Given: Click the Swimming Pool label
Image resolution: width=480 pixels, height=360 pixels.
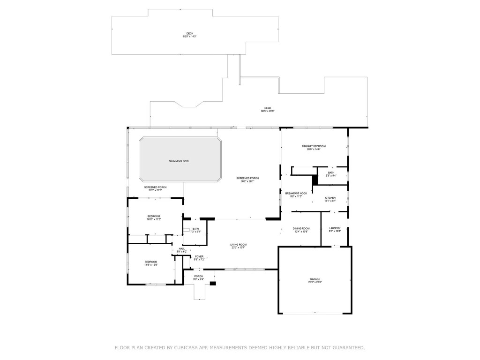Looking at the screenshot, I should (180, 161).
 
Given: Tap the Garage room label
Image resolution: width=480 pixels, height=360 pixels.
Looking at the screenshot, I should (315, 280).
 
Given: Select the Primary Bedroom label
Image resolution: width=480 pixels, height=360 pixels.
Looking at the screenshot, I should (314, 148).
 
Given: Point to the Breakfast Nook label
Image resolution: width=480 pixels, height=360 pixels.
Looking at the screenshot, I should (296, 195).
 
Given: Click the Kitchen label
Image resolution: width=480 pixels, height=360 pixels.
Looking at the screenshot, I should (330, 199).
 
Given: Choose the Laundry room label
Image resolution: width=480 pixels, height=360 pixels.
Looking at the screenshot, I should (335, 230).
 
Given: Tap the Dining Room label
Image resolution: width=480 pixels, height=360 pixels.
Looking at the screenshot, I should (301, 230).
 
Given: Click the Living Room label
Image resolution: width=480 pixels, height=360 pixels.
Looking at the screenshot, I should (238, 246).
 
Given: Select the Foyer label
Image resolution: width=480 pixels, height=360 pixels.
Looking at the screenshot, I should (199, 258).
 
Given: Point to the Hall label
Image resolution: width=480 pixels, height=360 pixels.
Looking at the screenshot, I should (181, 250).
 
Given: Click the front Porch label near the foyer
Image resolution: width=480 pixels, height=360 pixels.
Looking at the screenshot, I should (199, 277).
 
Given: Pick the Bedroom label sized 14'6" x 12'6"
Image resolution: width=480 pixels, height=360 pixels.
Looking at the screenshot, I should (151, 263).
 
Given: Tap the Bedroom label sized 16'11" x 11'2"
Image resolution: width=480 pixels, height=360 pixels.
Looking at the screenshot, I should (154, 217).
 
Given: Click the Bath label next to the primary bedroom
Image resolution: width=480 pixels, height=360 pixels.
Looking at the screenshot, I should (331, 174).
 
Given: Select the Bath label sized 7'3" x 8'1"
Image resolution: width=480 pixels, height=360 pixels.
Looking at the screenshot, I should (195, 230).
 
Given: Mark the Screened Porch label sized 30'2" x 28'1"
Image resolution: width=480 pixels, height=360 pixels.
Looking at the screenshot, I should (247, 180).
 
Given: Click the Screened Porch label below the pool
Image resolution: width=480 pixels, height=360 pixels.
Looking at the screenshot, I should (155, 188).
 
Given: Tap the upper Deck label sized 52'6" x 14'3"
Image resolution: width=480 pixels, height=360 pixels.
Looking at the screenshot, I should (189, 35).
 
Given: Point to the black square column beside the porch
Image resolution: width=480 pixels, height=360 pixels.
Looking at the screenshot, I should (213, 283).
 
